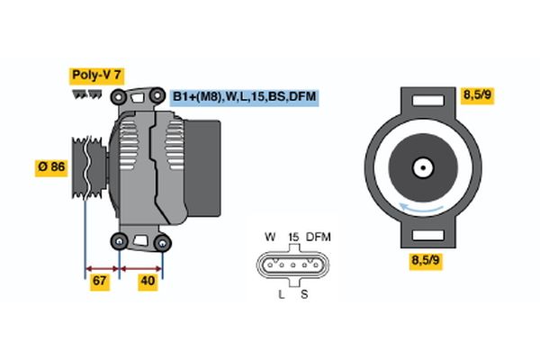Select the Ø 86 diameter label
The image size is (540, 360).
pos(50,166)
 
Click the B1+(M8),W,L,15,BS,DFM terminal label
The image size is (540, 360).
pos(244,95)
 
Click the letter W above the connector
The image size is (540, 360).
pos(270,237)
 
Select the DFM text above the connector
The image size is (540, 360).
pos(319,237)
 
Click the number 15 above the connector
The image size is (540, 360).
pos(293,237)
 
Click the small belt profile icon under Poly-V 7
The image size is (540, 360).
pos(87,94)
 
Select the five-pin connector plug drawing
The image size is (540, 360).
pos(292,266)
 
